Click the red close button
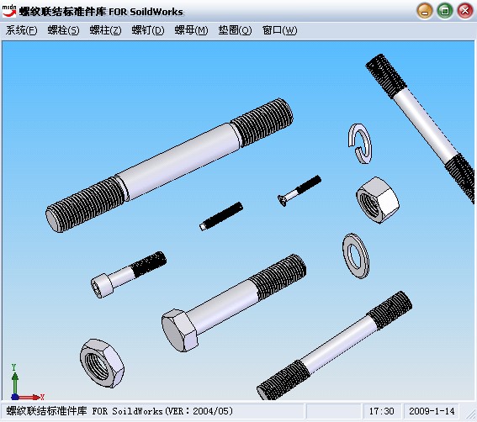pyautogui.click(x=465, y=11)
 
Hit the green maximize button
pyautogui.click(x=445, y=11)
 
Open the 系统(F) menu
pyautogui.click(x=21, y=30)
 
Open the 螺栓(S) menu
pyautogui.click(x=63, y=30)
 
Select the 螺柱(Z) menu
pyautogui.click(x=105, y=30)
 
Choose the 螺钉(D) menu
pyautogui.click(x=148, y=30)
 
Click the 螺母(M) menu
pyautogui.click(x=191, y=30)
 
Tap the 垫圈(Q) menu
pyautogui.click(x=235, y=30)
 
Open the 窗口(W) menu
pyautogui.click(x=279, y=30)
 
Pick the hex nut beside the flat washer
pyautogui.click(x=378, y=200)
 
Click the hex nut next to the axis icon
pyautogui.click(x=102, y=363)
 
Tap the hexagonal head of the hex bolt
pyautogui.click(x=180, y=330)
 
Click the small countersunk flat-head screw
pyautogui.click(x=299, y=190)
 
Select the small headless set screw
pyautogui.click(x=221, y=216)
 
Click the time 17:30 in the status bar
pyautogui.click(x=381, y=411)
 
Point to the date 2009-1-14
pyautogui.click(x=432, y=411)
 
